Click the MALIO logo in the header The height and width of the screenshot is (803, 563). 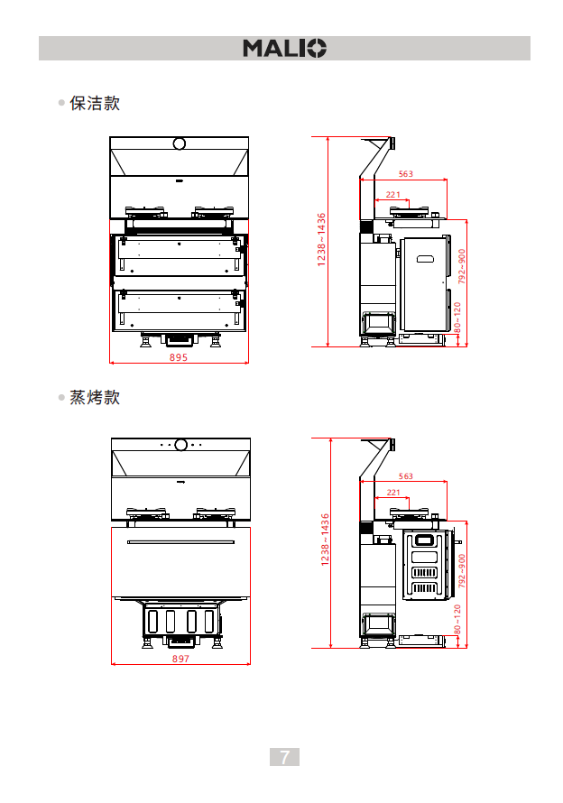pos(284,48)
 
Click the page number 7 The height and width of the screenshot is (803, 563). pos(284,757)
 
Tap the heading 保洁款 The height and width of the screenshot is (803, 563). pos(95,103)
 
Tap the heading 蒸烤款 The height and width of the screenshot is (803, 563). pos(95,397)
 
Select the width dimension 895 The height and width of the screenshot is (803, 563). pos(179,357)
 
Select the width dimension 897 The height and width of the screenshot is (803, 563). pos(180,660)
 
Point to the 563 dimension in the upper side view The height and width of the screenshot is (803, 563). pos(405,173)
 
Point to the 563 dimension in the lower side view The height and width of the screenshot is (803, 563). pos(405,475)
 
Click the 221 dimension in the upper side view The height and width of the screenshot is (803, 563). pos(393,194)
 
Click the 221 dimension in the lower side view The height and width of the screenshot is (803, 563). pos(393,492)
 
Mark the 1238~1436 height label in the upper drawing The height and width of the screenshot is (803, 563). pos(321,239)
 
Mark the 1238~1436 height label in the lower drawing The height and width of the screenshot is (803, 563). pos(325,540)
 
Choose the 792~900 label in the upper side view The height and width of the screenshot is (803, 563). pos(461,266)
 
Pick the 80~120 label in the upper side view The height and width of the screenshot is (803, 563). pos(457,318)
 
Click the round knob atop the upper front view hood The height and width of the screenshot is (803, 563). pos(179,143)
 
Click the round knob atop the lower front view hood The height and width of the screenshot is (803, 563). pos(180,445)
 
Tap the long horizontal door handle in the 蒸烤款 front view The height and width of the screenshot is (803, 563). pos(180,542)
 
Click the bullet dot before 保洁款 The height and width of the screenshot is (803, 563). pos(61,104)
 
